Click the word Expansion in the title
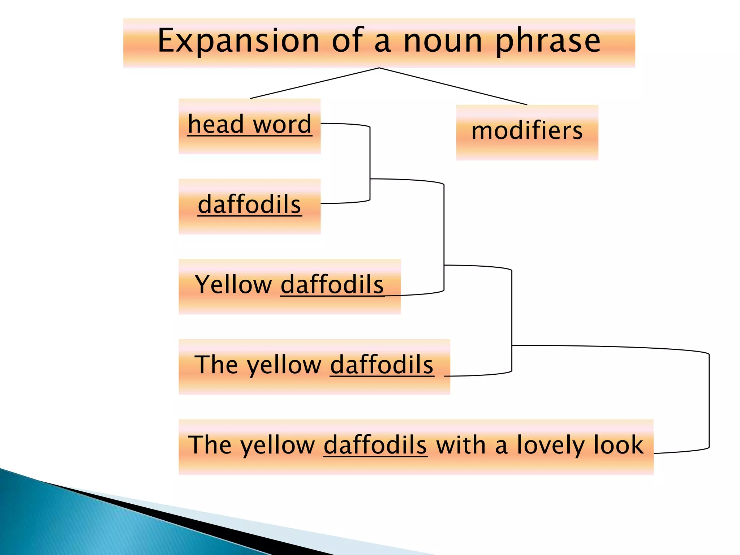click(x=238, y=41)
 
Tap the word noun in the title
click(x=443, y=41)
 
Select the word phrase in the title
click(x=547, y=41)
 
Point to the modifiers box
click(x=527, y=132)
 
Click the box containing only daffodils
click(x=249, y=206)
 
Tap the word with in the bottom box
click(x=461, y=445)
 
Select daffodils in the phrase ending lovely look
click(x=375, y=445)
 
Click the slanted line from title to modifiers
click(x=453, y=86)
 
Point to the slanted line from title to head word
click(x=314, y=83)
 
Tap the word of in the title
click(x=347, y=41)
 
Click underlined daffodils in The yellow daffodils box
click(x=382, y=365)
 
